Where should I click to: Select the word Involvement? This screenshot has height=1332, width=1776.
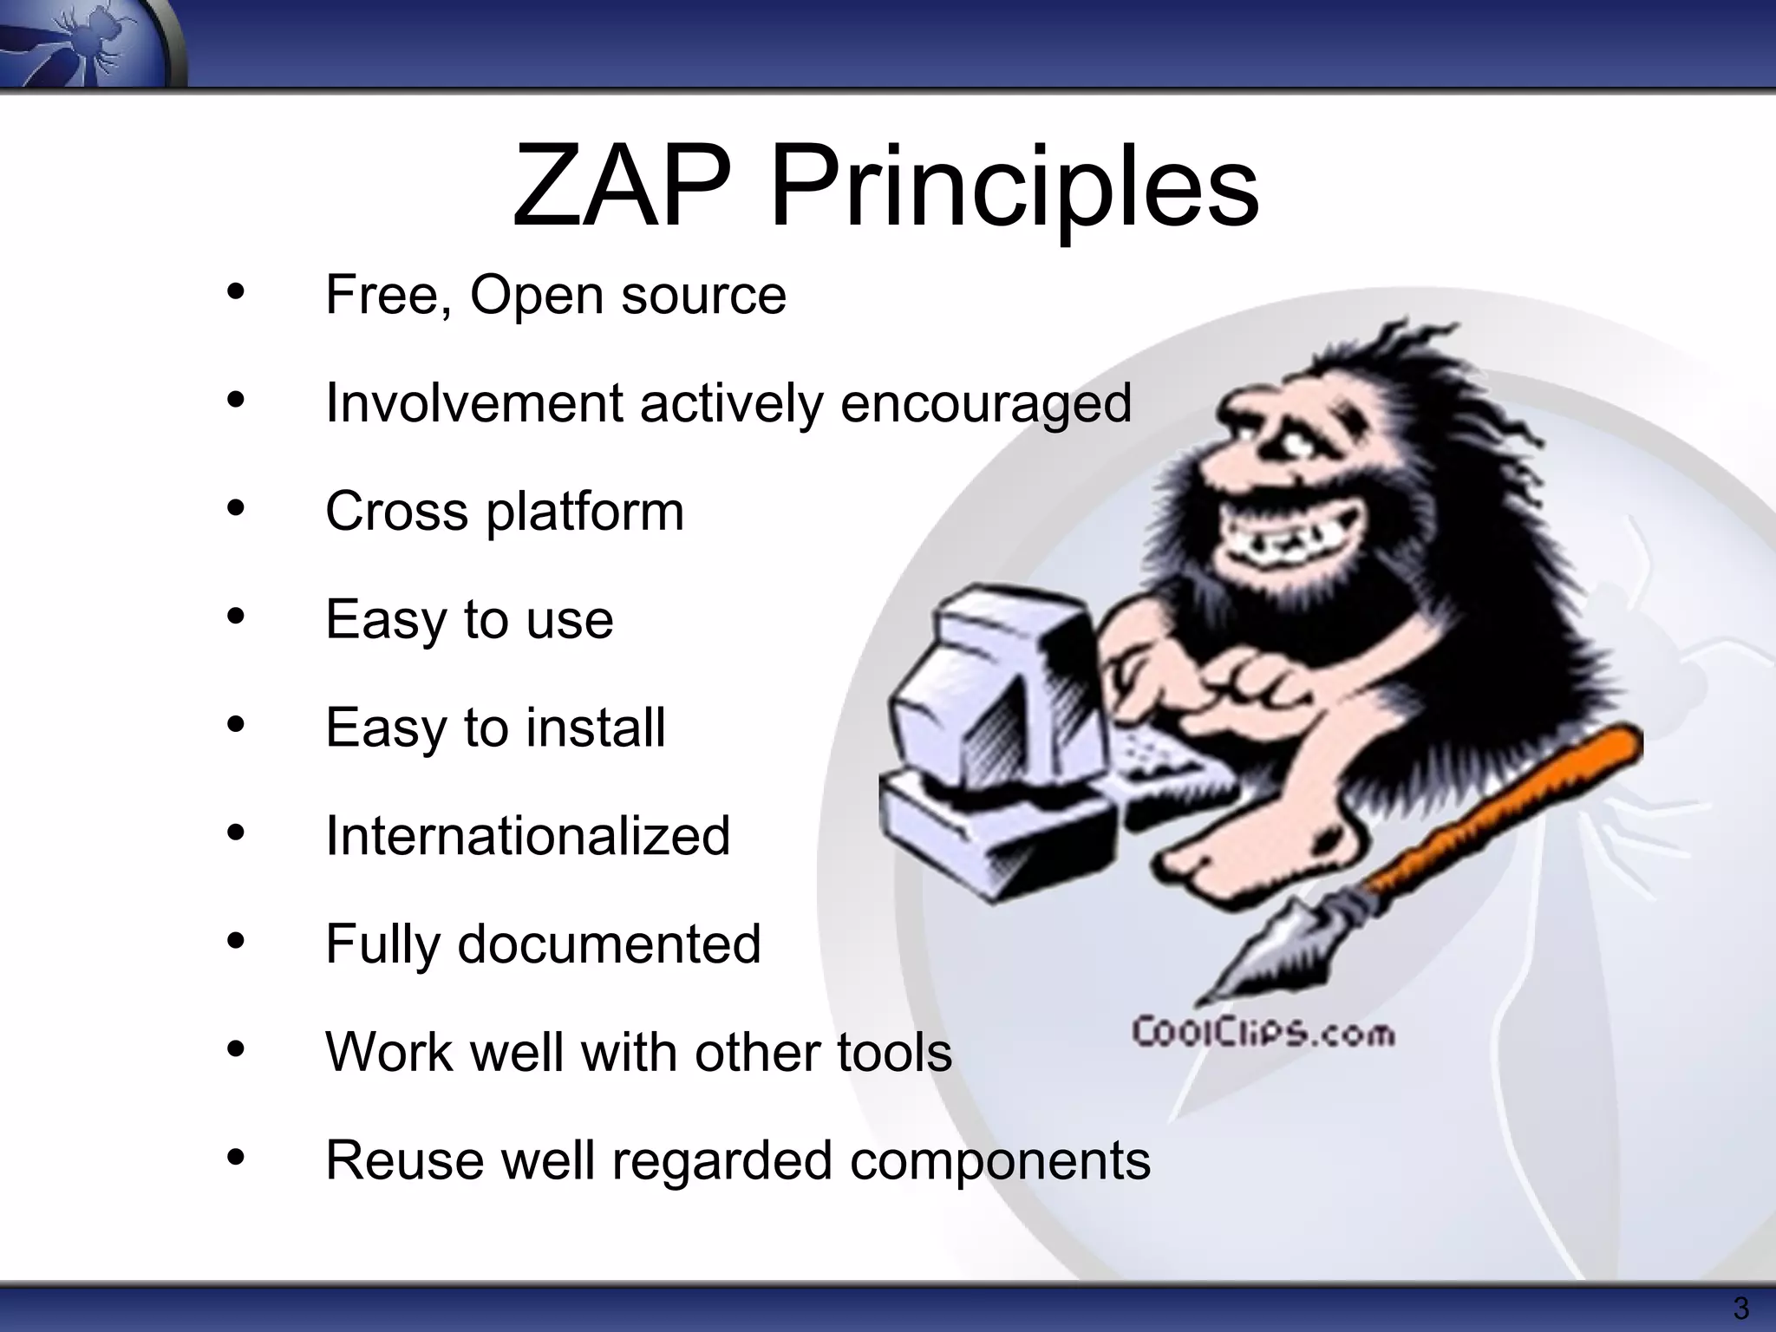pyautogui.click(x=474, y=403)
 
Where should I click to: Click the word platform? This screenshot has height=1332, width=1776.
pyautogui.click(x=585, y=513)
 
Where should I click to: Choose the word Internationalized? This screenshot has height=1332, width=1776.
pyautogui.click(x=527, y=836)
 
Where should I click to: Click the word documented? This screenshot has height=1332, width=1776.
pyautogui.click(x=609, y=944)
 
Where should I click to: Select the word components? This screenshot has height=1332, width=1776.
pyautogui.click(x=1000, y=1161)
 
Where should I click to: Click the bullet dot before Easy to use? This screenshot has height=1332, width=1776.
pyautogui.click(x=236, y=617)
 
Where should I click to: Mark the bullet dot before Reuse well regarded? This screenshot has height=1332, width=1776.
pyautogui.click(x=236, y=1158)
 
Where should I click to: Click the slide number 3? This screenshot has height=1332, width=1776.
pyautogui.click(x=1740, y=1308)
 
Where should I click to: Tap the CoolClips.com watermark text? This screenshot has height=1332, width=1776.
pyautogui.click(x=1263, y=1034)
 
